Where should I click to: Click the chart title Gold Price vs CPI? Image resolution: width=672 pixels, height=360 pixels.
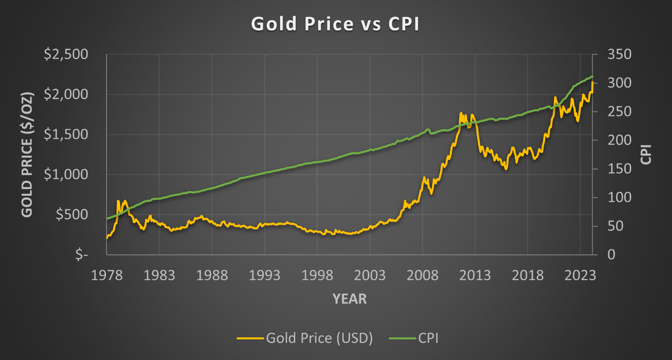point(335,24)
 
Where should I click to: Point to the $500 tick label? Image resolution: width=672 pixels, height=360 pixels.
point(70,214)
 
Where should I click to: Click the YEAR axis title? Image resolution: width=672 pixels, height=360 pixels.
point(350,299)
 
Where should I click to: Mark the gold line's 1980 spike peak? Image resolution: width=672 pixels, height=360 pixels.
point(118,201)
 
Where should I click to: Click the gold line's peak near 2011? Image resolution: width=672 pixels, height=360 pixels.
point(460,113)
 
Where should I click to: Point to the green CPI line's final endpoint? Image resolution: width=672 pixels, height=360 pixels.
point(593,77)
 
